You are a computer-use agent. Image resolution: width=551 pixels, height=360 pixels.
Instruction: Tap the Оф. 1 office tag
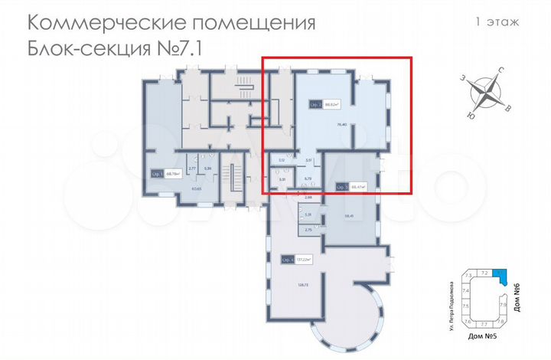point(156,174)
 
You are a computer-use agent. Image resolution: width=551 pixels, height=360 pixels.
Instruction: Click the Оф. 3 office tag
point(341,186)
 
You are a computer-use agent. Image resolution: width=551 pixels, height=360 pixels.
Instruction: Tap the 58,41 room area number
point(350,216)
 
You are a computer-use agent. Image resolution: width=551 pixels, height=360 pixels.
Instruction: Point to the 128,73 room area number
point(302,285)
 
